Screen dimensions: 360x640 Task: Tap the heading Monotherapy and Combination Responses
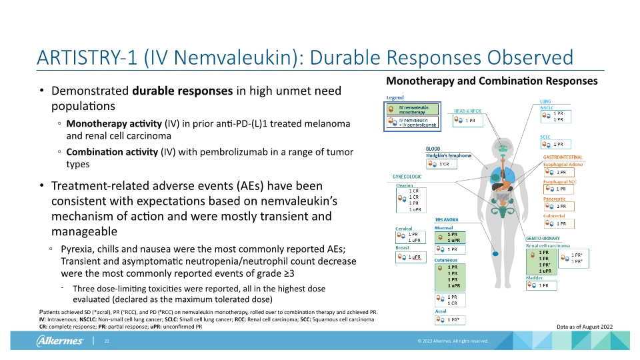[491, 81]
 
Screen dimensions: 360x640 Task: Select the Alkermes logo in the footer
[59, 341]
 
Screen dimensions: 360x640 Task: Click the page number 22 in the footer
[106, 341]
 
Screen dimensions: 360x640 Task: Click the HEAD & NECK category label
[467, 111]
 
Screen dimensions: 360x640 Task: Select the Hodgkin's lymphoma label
[448, 155]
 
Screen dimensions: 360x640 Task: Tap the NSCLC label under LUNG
[548, 107]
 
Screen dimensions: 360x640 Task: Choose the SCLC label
[546, 136]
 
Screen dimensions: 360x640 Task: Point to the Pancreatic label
[554, 199]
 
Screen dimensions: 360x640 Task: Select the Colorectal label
[553, 216]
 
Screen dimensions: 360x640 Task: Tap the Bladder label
[535, 278]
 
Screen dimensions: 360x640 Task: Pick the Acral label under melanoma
[441, 311]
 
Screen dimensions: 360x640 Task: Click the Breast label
[403, 248]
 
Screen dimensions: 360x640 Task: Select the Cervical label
[404, 229]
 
